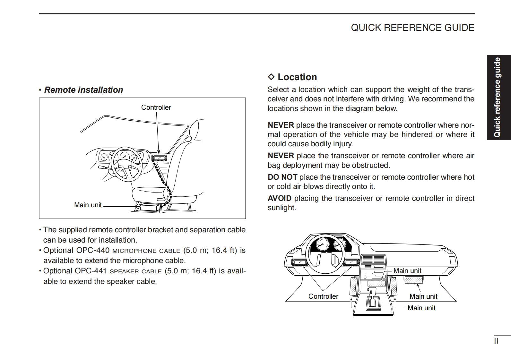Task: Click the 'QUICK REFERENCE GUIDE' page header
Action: click(x=412, y=28)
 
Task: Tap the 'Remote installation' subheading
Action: click(x=83, y=90)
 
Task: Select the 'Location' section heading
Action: click(x=297, y=77)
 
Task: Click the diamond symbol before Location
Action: click(x=271, y=77)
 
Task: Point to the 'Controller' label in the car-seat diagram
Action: click(x=156, y=107)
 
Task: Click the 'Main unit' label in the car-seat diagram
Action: click(x=88, y=205)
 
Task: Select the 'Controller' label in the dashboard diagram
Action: click(x=323, y=296)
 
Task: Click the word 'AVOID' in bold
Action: click(x=280, y=198)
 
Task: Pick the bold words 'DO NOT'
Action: click(x=282, y=177)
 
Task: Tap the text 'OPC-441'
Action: click(x=91, y=271)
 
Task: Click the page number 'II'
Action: click(x=496, y=341)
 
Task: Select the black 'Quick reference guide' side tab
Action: click(x=498, y=98)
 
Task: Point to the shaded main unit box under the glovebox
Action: click(x=413, y=280)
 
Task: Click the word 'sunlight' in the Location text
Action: click(x=281, y=208)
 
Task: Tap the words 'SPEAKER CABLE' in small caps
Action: click(x=135, y=271)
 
